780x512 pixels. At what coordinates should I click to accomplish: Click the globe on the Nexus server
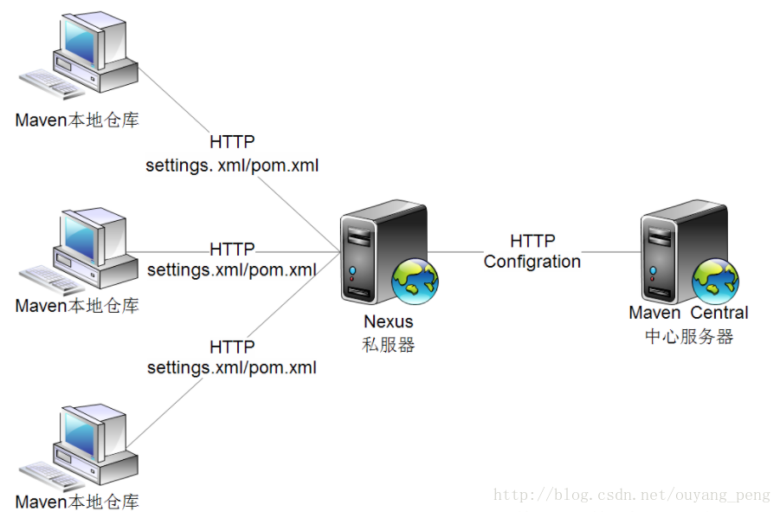[415, 280]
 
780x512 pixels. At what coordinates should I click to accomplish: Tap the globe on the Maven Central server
[714, 279]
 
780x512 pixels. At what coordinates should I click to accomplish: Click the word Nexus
[388, 322]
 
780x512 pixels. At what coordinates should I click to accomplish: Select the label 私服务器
[388, 344]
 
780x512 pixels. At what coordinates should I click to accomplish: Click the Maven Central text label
[688, 313]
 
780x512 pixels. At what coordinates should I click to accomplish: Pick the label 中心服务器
[688, 336]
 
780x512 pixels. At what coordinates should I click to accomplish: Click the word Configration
[532, 262]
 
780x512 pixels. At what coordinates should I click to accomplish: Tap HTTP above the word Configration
[532, 241]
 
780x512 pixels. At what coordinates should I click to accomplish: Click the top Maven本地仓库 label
[77, 120]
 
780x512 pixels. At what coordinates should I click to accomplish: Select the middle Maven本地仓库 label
[77, 306]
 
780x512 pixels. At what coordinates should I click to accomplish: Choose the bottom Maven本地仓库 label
[77, 502]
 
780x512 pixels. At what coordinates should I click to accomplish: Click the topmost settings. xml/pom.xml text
[231, 164]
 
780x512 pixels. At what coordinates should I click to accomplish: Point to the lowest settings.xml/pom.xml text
[231, 367]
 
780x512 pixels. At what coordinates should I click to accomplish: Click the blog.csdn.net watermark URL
[631, 495]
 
